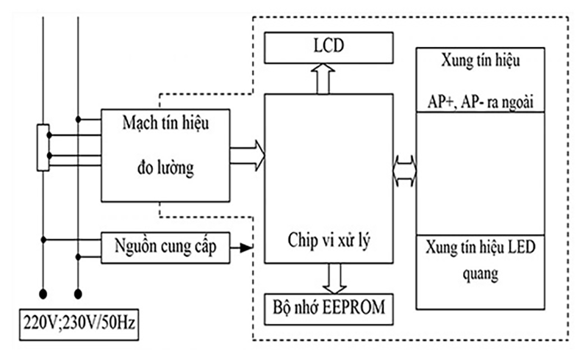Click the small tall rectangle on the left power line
point(43,147)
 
